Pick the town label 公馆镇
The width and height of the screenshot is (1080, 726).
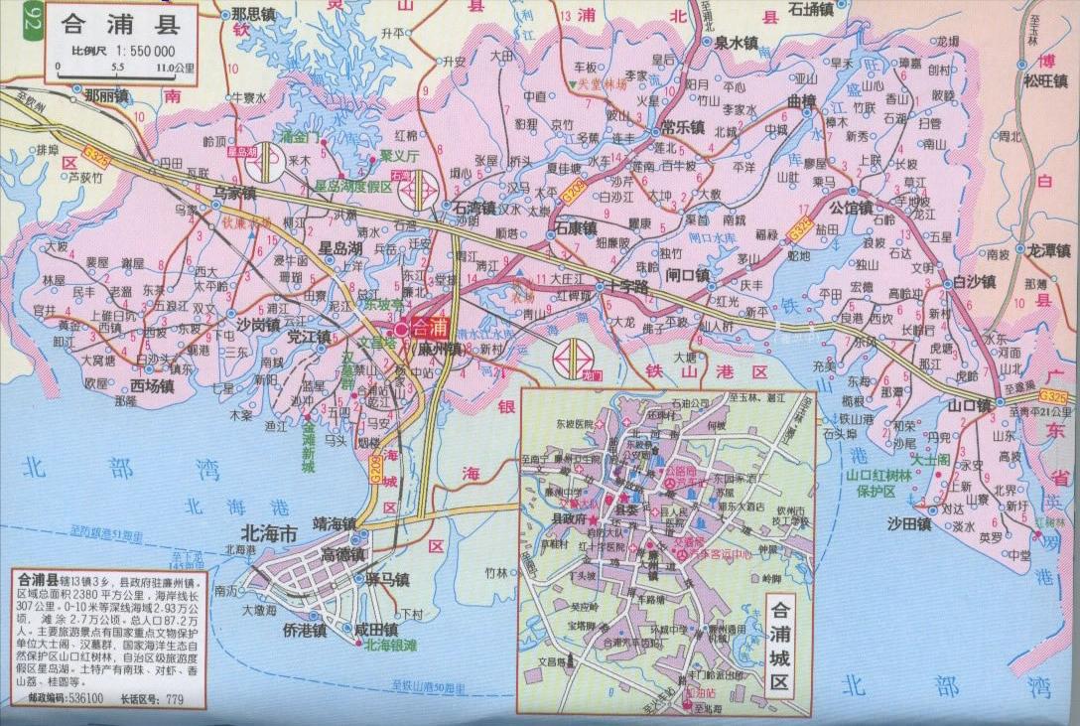pos(851,209)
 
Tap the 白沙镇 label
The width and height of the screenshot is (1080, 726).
pos(973,282)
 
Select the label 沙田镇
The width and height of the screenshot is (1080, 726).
pos(908,523)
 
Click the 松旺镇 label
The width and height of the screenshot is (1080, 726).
pos(1045,81)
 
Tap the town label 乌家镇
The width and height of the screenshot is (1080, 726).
pos(235,193)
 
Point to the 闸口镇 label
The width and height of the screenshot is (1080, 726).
pos(688,275)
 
